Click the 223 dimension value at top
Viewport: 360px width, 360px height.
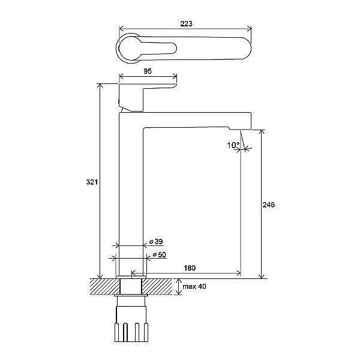pos(186,23)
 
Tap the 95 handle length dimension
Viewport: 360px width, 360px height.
pos(148,71)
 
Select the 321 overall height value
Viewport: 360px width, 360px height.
pos(92,182)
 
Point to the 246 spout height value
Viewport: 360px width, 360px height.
pos(269,205)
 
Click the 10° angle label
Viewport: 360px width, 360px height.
pos(233,145)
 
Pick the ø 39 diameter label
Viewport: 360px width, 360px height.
pos(156,242)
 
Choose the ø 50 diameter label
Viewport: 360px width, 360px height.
pos(160,255)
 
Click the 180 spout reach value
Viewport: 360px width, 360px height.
pos(190,268)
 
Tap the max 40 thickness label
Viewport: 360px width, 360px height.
pos(194,286)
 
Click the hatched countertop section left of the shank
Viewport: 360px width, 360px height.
pos(105,287)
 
